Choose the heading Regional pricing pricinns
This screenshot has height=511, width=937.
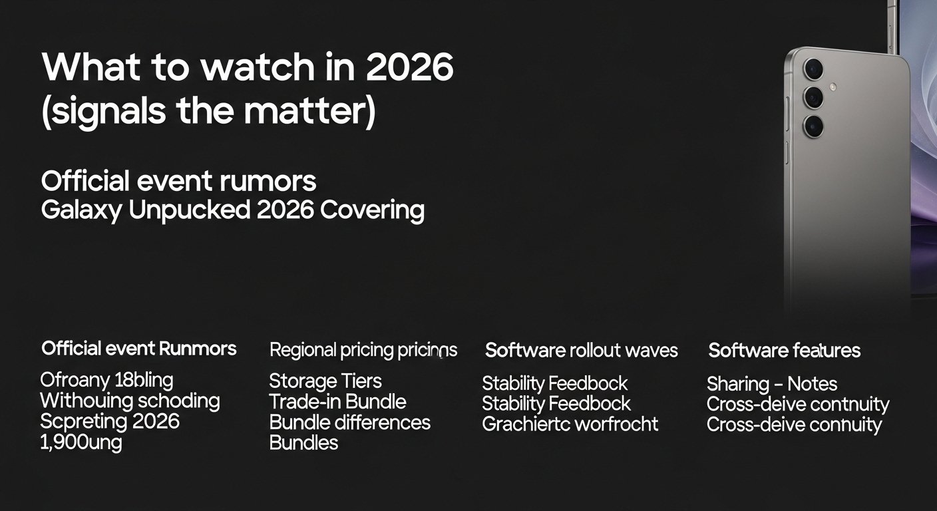pyautogui.click(x=363, y=350)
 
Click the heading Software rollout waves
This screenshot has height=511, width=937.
pyautogui.click(x=581, y=350)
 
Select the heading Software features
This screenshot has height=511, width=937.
pyautogui.click(x=784, y=350)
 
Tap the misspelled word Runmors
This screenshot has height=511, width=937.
pyautogui.click(x=197, y=348)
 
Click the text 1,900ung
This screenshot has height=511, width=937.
pyautogui.click(x=81, y=442)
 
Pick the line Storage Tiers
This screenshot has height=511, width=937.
pyautogui.click(x=325, y=381)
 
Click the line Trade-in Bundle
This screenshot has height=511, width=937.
pyautogui.click(x=337, y=402)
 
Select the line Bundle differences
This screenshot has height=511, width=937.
pyautogui.click(x=349, y=423)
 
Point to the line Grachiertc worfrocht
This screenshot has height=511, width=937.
pyautogui.click(x=570, y=424)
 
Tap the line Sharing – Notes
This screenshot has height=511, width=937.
pyautogui.click(x=771, y=384)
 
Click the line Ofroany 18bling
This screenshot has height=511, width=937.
pyautogui.click(x=106, y=381)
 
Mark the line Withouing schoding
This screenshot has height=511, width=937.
pyautogui.click(x=130, y=401)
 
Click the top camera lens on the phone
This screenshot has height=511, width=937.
pyautogui.click(x=813, y=69)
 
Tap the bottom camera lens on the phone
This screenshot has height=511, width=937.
pyautogui.click(x=813, y=126)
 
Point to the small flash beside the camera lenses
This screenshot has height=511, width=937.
pyautogui.click(x=831, y=86)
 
